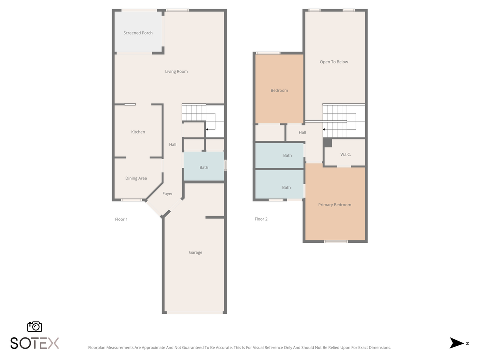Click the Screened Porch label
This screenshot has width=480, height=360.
coord(138,33)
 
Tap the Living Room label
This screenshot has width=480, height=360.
coord(176,71)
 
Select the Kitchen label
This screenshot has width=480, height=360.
coord(138,132)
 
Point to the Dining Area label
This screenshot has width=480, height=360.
coord(136,178)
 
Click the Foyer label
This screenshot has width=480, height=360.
coord(168,194)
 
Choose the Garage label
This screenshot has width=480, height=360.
coord(195,252)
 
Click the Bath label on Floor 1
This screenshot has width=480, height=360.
coord(204,167)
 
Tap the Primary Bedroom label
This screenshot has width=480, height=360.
coord(334,205)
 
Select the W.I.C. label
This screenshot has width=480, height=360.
coord(345,155)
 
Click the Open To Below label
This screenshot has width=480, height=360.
coord(334,62)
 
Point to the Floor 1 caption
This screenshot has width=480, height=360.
coord(121,219)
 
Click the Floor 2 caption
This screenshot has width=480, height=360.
coord(261,219)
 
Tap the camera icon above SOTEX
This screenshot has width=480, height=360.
coord(35,327)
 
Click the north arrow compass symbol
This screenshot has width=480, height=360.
coord(457,343)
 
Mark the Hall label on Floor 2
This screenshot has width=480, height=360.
coord(302,132)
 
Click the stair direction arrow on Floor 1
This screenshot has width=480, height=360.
coord(206,130)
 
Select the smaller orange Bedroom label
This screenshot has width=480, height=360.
coord(279,90)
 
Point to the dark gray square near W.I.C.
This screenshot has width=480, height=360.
coord(327,143)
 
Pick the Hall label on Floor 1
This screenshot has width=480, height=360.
coord(172,145)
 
